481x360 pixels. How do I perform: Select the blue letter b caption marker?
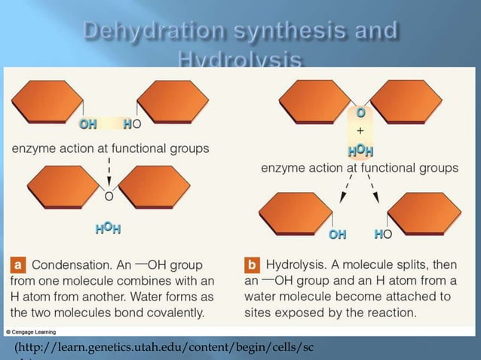[x=253, y=265]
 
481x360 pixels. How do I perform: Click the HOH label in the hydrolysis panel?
[x=360, y=151]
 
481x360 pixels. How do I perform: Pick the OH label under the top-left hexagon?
[x=87, y=124]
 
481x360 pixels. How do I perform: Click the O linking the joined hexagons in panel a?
[x=109, y=197]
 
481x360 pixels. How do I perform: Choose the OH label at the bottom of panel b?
[x=337, y=236]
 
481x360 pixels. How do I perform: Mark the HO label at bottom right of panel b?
[x=382, y=236]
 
